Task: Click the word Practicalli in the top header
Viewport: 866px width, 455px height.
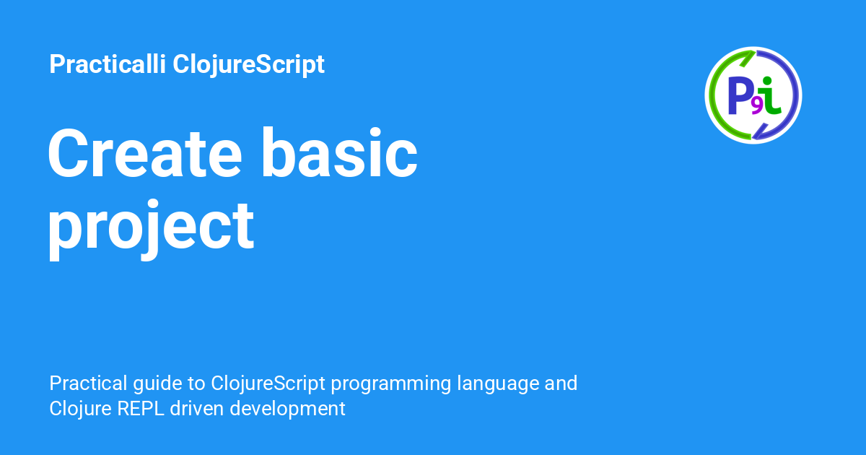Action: (108, 64)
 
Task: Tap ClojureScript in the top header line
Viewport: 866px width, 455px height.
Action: (248, 64)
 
